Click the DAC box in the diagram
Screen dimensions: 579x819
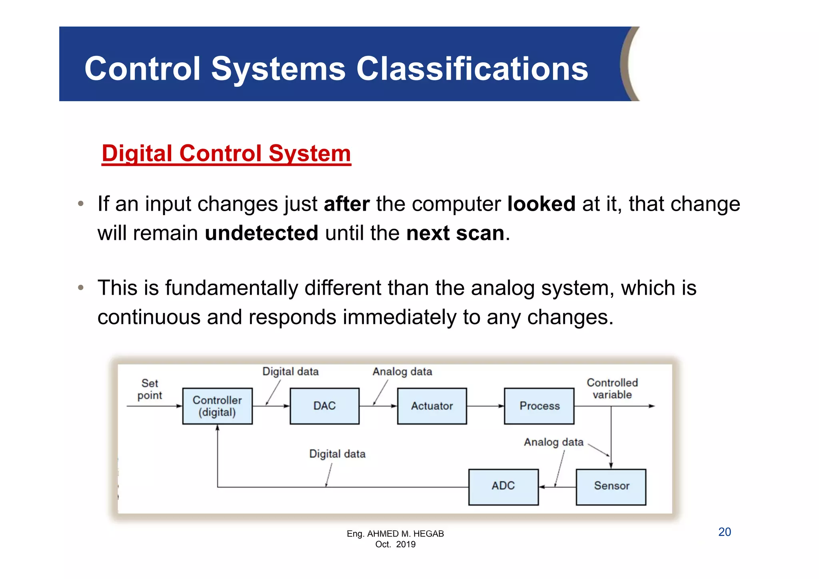tap(324, 406)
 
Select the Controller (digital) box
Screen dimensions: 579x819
tap(217, 406)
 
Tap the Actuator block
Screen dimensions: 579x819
tap(432, 406)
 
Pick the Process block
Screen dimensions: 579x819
tap(539, 406)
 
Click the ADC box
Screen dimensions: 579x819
tap(503, 487)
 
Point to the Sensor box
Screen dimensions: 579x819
tap(611, 487)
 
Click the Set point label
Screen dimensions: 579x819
tap(150, 389)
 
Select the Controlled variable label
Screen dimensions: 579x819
tap(612, 388)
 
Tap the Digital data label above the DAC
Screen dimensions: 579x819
tap(290, 371)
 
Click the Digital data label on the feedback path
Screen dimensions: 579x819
tap(337, 454)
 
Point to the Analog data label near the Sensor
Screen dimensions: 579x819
tap(553, 442)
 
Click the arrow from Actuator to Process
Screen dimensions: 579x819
tap(485, 406)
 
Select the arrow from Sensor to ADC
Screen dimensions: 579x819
tap(557, 487)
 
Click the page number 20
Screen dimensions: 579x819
tap(724, 532)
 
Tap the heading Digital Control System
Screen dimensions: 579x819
tap(226, 153)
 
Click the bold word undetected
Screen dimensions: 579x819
tap(262, 233)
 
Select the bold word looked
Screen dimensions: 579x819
tap(541, 204)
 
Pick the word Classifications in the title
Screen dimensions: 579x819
tap(472, 69)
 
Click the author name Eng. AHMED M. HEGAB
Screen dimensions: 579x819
tap(395, 533)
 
